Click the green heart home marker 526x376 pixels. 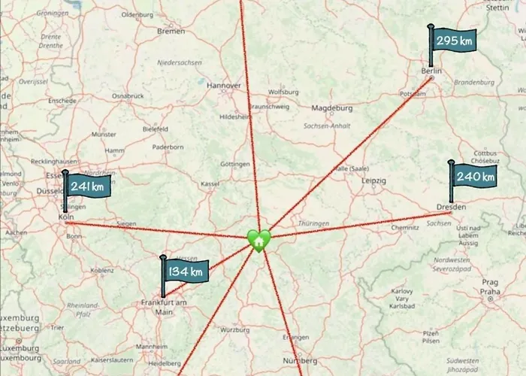[x=258, y=241]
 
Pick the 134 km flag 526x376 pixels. [x=185, y=271]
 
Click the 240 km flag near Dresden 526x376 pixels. [x=474, y=177]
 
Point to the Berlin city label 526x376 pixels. [x=430, y=71]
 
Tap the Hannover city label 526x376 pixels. [x=225, y=86]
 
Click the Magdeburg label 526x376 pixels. [x=332, y=108]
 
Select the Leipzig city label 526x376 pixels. [x=373, y=181]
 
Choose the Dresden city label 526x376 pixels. [x=451, y=207]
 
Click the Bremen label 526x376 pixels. [x=171, y=31]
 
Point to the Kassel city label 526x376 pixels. [x=210, y=183]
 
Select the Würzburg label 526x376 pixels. [x=234, y=329]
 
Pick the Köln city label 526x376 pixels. [x=66, y=217]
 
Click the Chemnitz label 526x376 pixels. [x=404, y=227]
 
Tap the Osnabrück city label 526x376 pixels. [x=127, y=96]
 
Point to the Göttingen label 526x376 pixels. [x=235, y=164]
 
